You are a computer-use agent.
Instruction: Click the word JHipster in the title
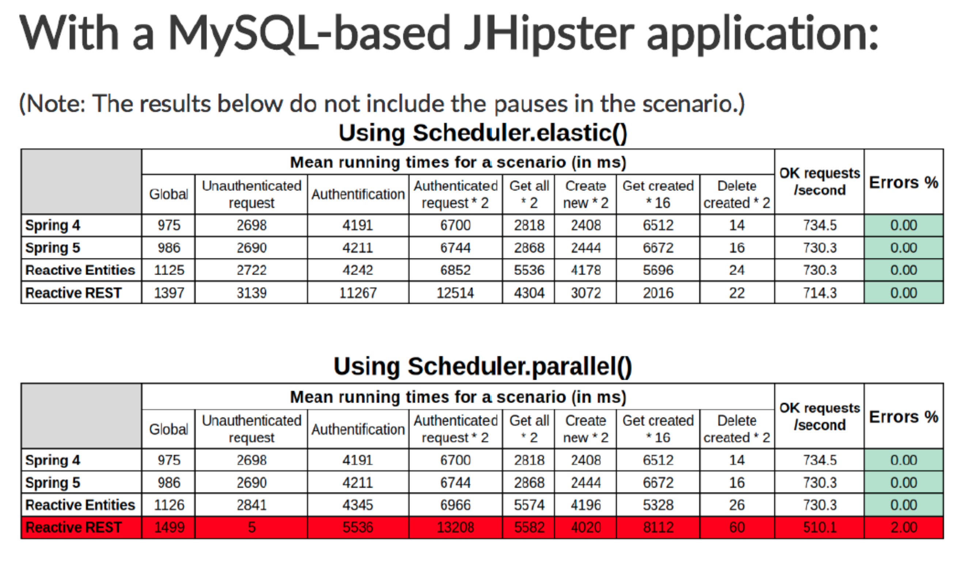549,34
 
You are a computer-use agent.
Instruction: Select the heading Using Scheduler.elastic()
483,133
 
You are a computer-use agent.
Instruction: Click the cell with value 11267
358,293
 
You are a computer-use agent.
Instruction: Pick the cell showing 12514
455,293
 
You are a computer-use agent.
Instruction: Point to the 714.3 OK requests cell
819,293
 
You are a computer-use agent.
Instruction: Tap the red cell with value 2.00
904,527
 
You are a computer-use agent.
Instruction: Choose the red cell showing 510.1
819,527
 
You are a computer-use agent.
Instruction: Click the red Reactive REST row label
82,527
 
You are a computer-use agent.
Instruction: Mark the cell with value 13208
455,527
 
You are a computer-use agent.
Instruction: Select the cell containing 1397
168,293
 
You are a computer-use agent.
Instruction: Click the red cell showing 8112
658,527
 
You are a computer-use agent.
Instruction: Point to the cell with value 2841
251,505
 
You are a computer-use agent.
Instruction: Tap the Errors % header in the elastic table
904,182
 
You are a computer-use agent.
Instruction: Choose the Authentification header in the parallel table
358,429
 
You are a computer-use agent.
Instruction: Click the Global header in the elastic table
168,194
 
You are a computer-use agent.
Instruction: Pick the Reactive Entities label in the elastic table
80,270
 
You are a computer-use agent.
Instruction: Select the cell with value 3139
251,293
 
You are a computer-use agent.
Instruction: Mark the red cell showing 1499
168,527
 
